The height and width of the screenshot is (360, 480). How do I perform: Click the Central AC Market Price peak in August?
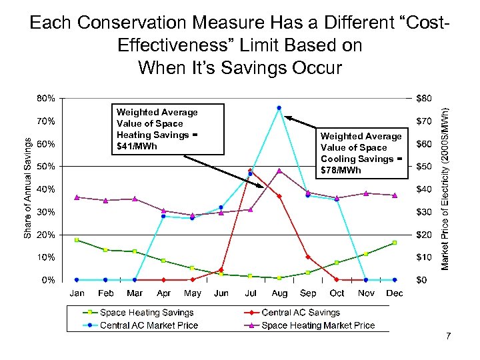click(279, 108)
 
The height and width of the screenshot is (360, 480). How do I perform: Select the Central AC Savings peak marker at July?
click(250, 171)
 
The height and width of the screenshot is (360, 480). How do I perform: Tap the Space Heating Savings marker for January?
click(77, 240)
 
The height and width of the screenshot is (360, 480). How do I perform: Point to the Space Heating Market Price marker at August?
click(279, 171)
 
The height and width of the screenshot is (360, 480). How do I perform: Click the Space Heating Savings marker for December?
click(395, 243)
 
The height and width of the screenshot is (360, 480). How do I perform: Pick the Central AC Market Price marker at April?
click(163, 216)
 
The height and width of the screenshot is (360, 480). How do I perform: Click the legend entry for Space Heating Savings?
click(147, 313)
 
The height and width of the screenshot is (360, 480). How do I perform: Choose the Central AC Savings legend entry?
click(301, 313)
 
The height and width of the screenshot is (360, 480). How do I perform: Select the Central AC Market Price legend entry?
click(149, 325)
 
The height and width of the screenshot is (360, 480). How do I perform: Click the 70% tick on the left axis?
click(46, 121)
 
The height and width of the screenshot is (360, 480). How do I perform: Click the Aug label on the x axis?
click(279, 293)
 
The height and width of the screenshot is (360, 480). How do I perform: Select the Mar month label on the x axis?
click(135, 293)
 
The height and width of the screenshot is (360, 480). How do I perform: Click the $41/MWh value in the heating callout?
click(137, 146)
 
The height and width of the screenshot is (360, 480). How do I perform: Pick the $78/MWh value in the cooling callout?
click(341, 170)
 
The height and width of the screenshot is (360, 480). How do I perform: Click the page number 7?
click(449, 336)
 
